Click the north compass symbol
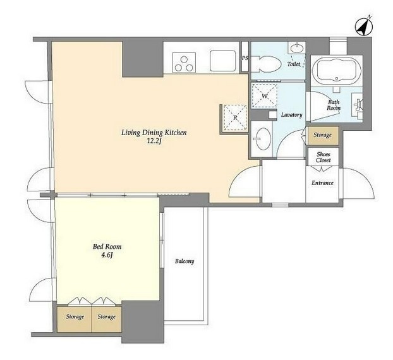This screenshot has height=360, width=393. pyautogui.click(x=364, y=27)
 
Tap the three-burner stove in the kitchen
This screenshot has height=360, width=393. pyautogui.click(x=184, y=63)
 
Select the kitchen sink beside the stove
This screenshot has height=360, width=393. pyautogui.click(x=223, y=61)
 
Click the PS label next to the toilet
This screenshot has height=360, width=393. pyautogui.click(x=245, y=58)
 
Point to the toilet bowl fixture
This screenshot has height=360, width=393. pyautogui.click(x=266, y=64)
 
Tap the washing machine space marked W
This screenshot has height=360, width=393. pyautogui.click(x=265, y=96)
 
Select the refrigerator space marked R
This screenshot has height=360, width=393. pyautogui.click(x=235, y=117)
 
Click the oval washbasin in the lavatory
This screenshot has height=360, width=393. pyautogui.click(x=262, y=139)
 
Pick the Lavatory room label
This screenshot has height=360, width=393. pyautogui.click(x=291, y=115)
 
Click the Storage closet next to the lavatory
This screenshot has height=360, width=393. pyautogui.click(x=323, y=136)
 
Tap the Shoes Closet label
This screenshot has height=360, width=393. pyautogui.click(x=323, y=157)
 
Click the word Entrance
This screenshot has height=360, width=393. pyautogui.click(x=322, y=183)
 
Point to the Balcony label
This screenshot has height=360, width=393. pyautogui.click(x=184, y=261)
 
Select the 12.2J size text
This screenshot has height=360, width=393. pyautogui.click(x=154, y=141)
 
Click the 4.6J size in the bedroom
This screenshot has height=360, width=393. pyautogui.click(x=107, y=255)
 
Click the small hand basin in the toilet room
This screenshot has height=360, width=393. pyautogui.click(x=297, y=47)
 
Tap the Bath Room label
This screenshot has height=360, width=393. pyautogui.click(x=334, y=105)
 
